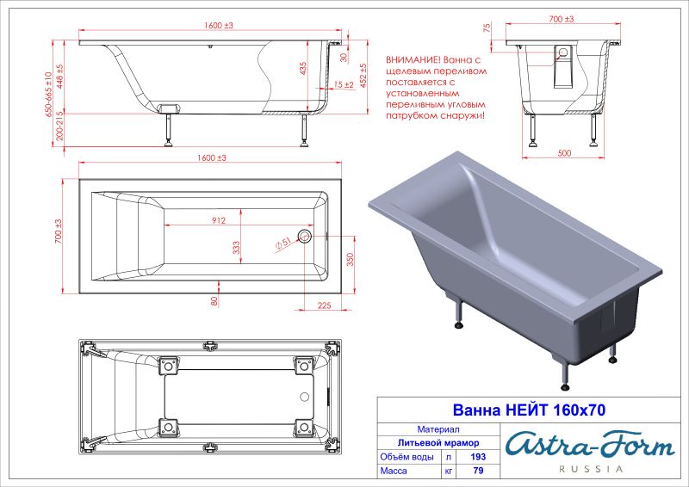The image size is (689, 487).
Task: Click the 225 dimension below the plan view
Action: pyautogui.click(x=325, y=303)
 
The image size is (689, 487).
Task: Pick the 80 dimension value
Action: pyautogui.click(x=214, y=300)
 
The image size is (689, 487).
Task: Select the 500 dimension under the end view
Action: pyautogui.click(x=565, y=152)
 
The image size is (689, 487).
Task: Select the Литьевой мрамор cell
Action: pyautogui.click(x=438, y=442)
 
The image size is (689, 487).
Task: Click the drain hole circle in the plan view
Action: pyautogui.click(x=303, y=235)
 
